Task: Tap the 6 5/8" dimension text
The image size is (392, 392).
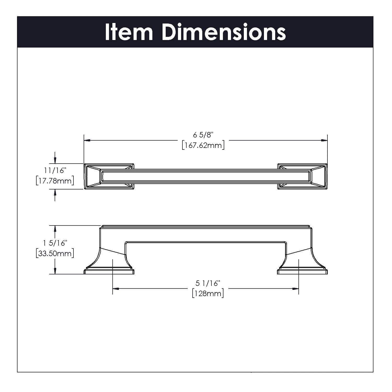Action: (x=203, y=135)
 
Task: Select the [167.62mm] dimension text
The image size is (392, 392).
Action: (x=203, y=145)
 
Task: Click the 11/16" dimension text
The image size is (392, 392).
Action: (x=55, y=170)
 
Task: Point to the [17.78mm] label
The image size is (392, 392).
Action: (x=55, y=181)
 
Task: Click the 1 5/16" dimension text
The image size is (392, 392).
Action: (x=55, y=243)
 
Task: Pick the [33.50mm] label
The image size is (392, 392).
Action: (x=55, y=253)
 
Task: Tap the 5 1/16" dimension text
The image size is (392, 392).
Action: (x=208, y=283)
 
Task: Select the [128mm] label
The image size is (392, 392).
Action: (x=208, y=293)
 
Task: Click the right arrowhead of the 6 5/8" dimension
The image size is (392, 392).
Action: (x=324, y=140)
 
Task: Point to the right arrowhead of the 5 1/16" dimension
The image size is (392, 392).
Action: (x=296, y=289)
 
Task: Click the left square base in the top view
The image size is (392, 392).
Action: (x=109, y=176)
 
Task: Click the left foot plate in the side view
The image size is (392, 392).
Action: (x=109, y=272)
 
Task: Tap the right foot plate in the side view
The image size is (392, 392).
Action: (x=302, y=272)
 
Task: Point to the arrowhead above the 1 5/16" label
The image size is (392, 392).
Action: (x=55, y=229)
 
